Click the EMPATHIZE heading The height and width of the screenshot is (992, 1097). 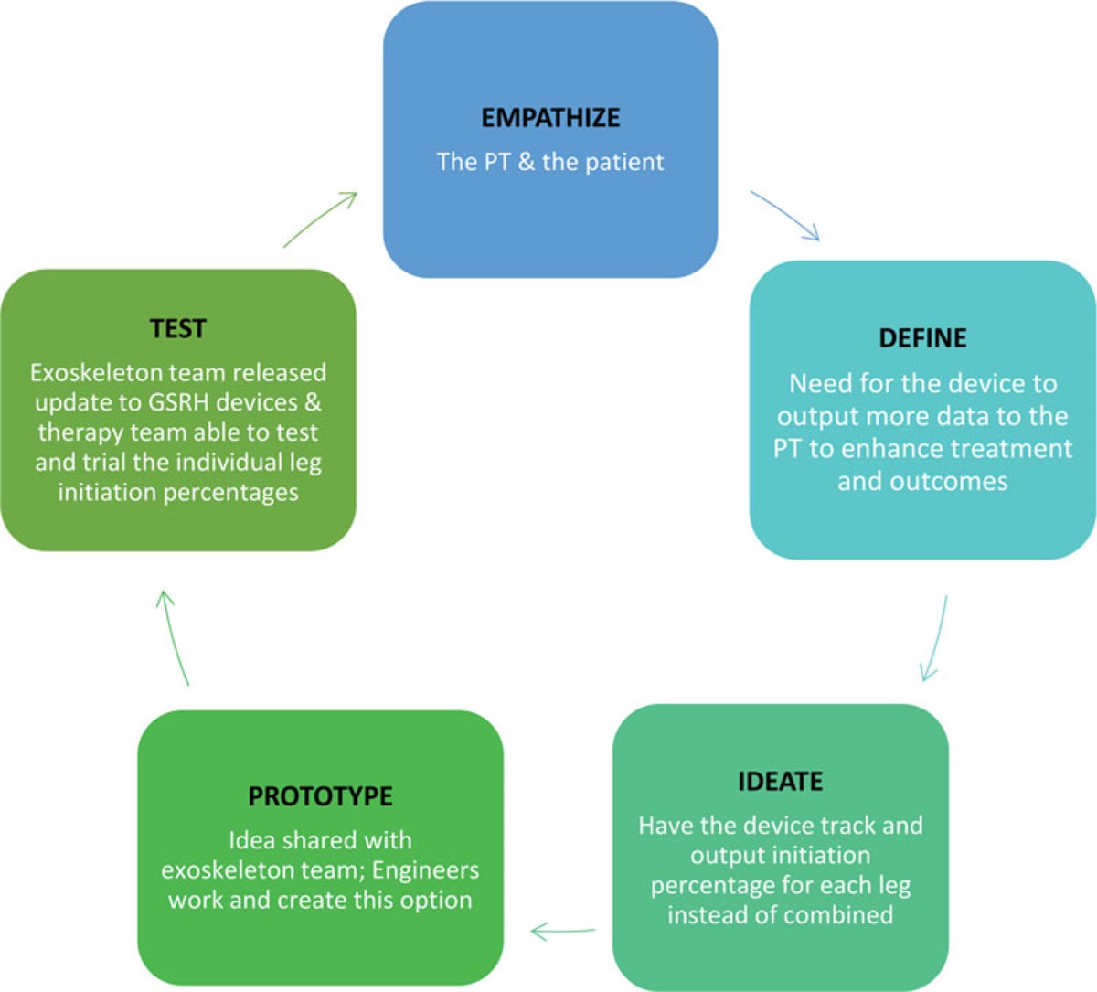tap(550, 118)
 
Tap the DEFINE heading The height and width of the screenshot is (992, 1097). tap(922, 338)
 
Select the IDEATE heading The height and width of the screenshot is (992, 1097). tap(780, 782)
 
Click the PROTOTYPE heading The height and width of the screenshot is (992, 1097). tap(320, 796)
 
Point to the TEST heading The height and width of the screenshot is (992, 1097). tap(177, 329)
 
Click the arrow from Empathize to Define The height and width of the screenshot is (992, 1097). tap(785, 216)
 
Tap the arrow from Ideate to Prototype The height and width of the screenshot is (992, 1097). tap(562, 932)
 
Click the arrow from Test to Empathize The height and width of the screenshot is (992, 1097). tap(320, 219)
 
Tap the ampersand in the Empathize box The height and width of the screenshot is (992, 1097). tap(526, 163)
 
